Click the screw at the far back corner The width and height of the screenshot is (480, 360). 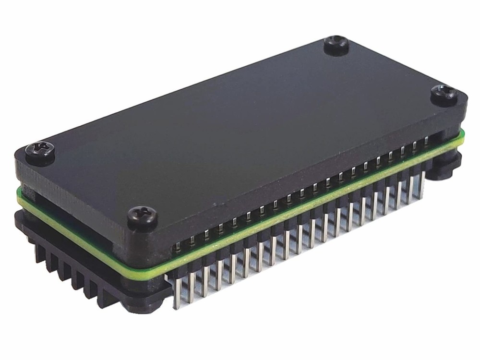[x=336, y=45]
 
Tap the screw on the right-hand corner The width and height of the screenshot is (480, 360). [x=444, y=95]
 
